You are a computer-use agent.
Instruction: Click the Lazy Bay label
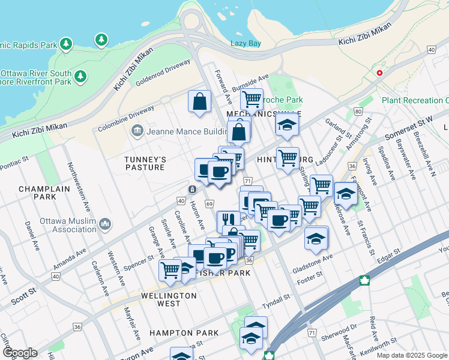(246, 43)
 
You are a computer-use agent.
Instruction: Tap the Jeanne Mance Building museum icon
(136, 130)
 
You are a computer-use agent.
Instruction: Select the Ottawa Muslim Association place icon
(106, 224)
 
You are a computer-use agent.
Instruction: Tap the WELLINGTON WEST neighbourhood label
(169, 299)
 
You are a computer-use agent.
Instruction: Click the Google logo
(20, 353)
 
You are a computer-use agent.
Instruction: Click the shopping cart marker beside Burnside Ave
(252, 98)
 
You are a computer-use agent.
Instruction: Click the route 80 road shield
(358, 112)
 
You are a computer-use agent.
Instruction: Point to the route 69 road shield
(209, 205)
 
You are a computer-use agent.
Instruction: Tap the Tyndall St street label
(276, 298)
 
